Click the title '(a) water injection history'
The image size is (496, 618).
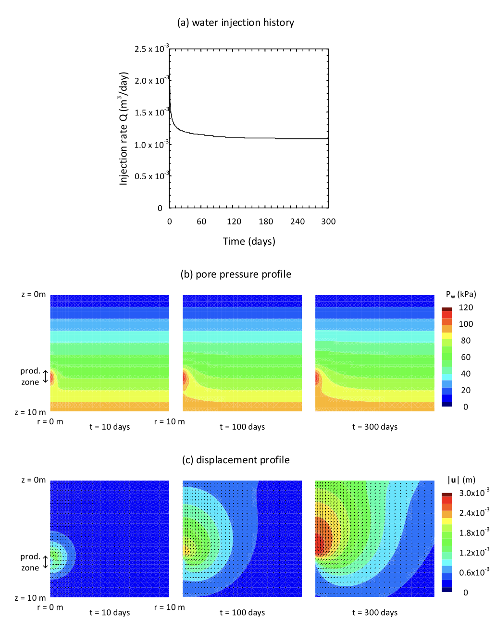tap(236, 23)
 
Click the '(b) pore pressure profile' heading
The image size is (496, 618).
tap(236, 274)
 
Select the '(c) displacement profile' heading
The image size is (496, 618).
tap(236, 460)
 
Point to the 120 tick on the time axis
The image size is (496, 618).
tap(234, 222)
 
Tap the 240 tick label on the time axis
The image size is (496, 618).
tap(298, 222)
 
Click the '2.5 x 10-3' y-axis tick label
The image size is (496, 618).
tap(151, 49)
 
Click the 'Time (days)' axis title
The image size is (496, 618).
tap(249, 241)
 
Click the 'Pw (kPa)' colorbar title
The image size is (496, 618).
tap(460, 294)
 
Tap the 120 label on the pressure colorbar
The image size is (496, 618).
tap(465, 308)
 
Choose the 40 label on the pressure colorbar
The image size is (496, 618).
tap(465, 374)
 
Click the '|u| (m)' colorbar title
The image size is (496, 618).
tap(461, 480)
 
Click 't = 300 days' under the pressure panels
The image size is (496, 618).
tap(375, 427)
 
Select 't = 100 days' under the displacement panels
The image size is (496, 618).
tap(242, 612)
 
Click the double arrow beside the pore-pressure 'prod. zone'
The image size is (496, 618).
tap(46, 377)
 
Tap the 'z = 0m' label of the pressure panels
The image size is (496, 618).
tap(34, 294)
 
